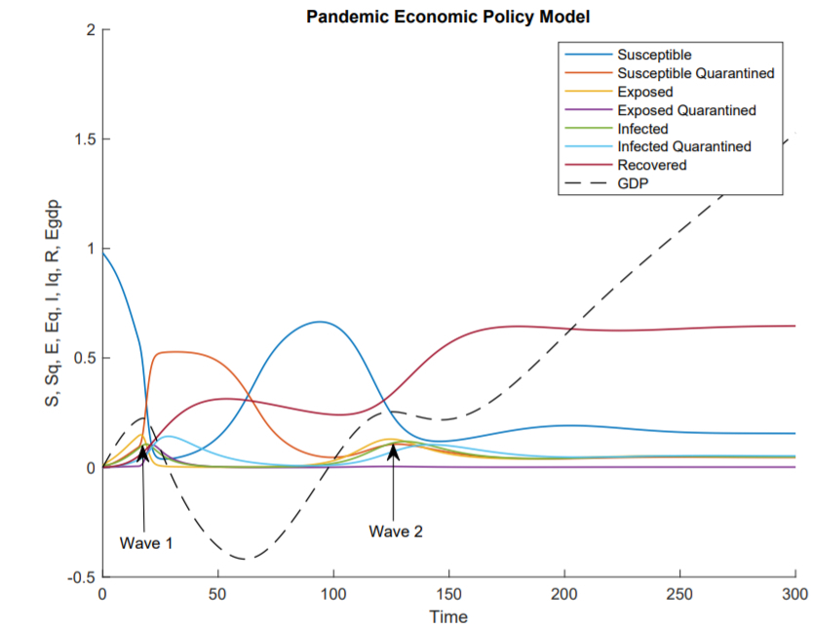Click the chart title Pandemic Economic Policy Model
[448, 17]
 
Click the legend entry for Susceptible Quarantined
[695, 73]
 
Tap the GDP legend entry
[634, 183]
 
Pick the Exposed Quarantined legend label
[686, 110]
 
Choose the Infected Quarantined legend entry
[683, 146]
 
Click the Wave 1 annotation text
[146, 542]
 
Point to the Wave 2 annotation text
[396, 531]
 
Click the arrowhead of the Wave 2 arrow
[394, 450]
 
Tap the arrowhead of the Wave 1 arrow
[142, 452]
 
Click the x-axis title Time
[449, 616]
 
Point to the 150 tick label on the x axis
[449, 593]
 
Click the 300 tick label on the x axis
[795, 593]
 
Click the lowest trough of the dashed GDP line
[244, 559]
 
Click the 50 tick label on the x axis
[218, 593]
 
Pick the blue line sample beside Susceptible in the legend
[585, 55]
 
